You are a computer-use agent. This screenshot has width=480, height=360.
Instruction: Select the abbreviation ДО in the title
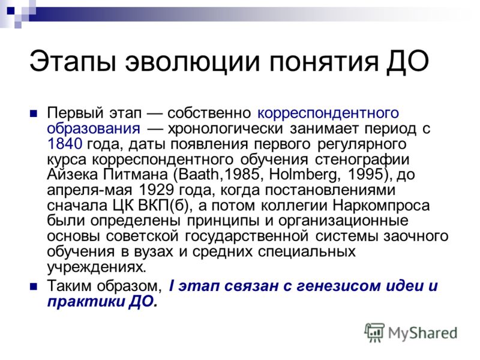pyautogui.click(x=407, y=61)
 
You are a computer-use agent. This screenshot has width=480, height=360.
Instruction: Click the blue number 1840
pyautogui.click(x=65, y=143)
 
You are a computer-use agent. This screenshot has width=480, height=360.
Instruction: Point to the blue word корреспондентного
pyautogui.click(x=328, y=113)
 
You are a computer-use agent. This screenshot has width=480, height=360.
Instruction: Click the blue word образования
pyautogui.click(x=94, y=128)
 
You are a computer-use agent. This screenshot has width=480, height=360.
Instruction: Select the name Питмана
pyautogui.click(x=136, y=175)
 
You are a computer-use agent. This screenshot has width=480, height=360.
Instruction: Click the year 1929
pyautogui.click(x=156, y=190)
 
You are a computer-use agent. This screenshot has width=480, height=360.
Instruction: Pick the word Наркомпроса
pyautogui.click(x=381, y=206)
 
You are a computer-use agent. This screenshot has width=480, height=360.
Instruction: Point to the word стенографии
pyautogui.click(x=362, y=160)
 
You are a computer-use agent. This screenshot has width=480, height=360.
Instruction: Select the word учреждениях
pyautogui.click(x=97, y=267)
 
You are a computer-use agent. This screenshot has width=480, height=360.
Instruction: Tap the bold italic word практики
pyautogui.click(x=85, y=302)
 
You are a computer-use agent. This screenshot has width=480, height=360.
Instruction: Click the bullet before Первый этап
pyautogui.click(x=34, y=114)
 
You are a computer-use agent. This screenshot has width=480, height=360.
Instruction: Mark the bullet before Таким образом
pyautogui.click(x=34, y=287)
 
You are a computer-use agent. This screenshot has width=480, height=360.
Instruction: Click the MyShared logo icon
pyautogui.click(x=374, y=332)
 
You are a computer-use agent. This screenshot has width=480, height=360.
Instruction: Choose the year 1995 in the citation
pyautogui.click(x=365, y=175)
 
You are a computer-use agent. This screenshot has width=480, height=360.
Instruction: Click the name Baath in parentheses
pyautogui.click(x=199, y=175)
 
